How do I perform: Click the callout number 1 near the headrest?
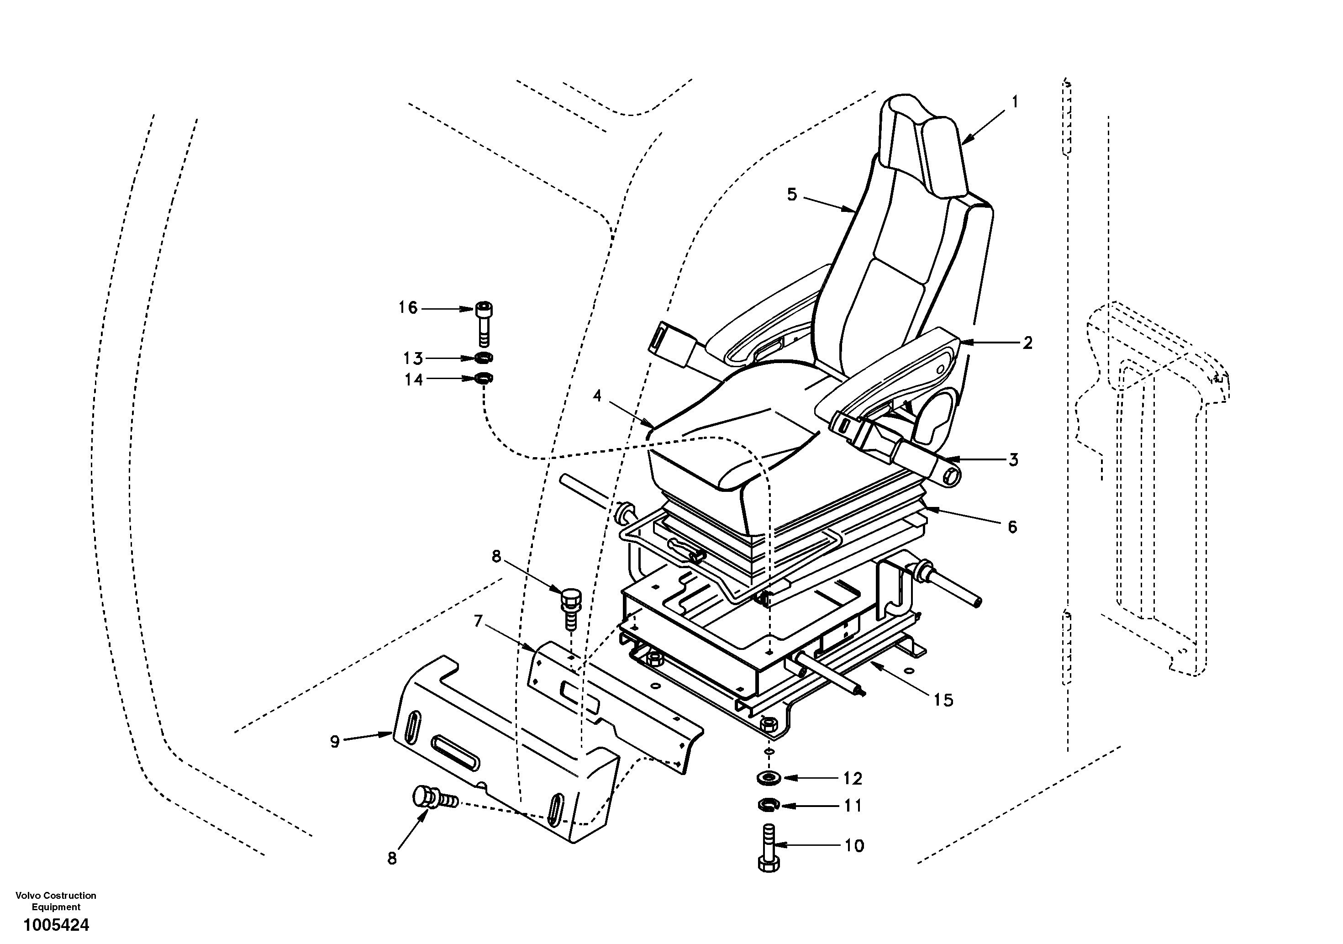pyautogui.click(x=1015, y=102)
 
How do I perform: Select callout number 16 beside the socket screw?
pyautogui.click(x=408, y=308)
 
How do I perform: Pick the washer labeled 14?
pyautogui.click(x=483, y=379)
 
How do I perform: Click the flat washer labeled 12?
pyautogui.click(x=769, y=777)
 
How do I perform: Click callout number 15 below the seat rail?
pyautogui.click(x=943, y=700)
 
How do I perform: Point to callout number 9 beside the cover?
pyautogui.click(x=335, y=742)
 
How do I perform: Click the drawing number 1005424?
pyautogui.click(x=56, y=925)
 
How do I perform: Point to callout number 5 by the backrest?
pyautogui.click(x=792, y=195)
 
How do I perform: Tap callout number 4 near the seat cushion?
pyautogui.click(x=597, y=396)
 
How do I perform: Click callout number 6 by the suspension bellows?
pyautogui.click(x=1012, y=527)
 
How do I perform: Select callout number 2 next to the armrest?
pyautogui.click(x=1027, y=343)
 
